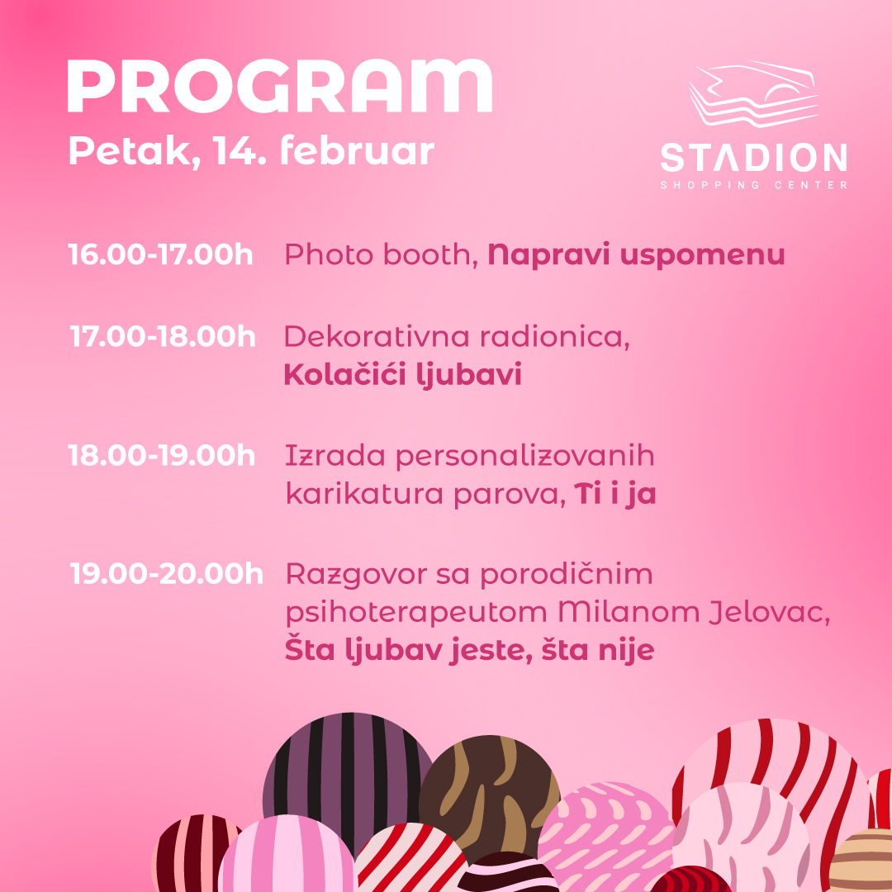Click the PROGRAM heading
coord(280,86)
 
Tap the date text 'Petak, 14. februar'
coord(251,151)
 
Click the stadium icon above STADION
coord(753,93)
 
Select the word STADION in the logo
coord(754,158)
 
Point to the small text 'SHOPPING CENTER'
coord(754,185)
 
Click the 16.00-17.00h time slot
coord(160,254)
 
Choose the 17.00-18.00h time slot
coord(163,336)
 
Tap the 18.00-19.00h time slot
coord(162,456)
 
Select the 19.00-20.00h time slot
coord(167,573)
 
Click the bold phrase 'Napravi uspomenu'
coord(637,255)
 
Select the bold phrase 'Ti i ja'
coord(615,493)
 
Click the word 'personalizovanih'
coord(525,457)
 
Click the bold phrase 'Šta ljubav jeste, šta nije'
coord(469,649)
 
